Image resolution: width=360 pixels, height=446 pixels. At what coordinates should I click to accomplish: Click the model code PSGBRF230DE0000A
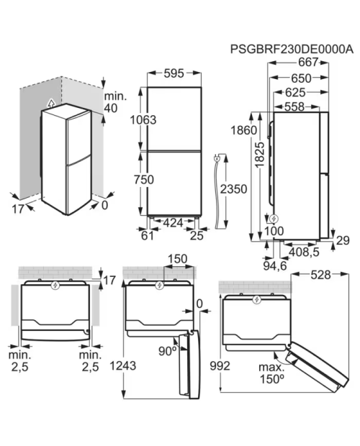[292, 49]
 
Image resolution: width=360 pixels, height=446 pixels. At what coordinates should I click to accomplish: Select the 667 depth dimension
[308, 62]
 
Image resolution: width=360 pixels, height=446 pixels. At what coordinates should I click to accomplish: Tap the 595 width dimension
[174, 73]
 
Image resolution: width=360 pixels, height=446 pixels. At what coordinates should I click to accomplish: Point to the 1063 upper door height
[143, 119]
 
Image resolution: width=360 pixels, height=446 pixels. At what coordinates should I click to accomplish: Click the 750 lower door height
[144, 180]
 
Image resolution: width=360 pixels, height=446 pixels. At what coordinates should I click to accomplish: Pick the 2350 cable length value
[234, 189]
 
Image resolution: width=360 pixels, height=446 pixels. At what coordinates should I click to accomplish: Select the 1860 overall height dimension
[243, 130]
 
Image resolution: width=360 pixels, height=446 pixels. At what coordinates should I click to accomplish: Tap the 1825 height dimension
[260, 155]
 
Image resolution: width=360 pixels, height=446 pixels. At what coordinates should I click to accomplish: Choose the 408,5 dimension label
[304, 252]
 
